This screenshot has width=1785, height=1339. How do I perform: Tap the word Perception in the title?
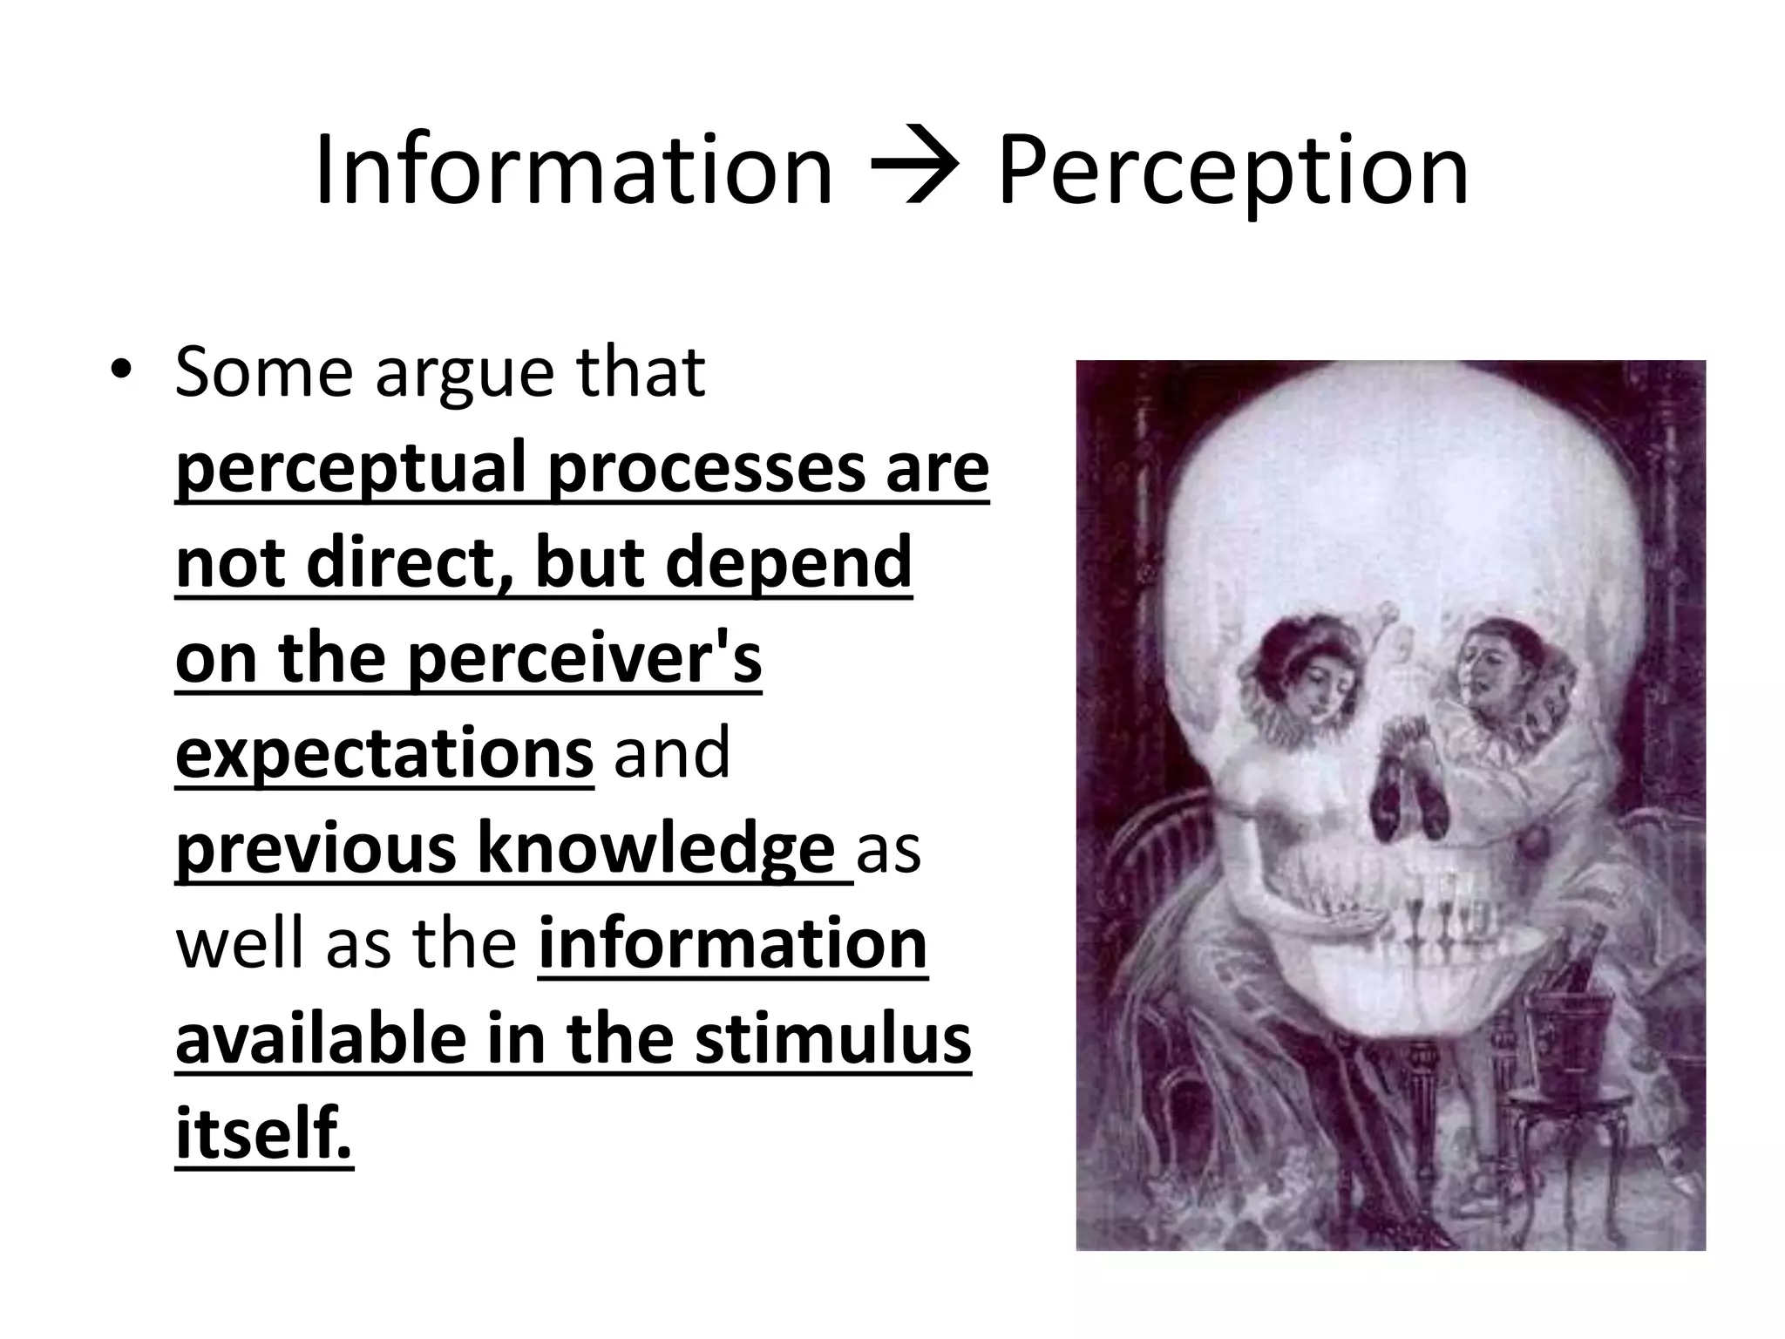point(1232,173)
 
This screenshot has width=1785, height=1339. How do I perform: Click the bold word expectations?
point(383,755)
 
